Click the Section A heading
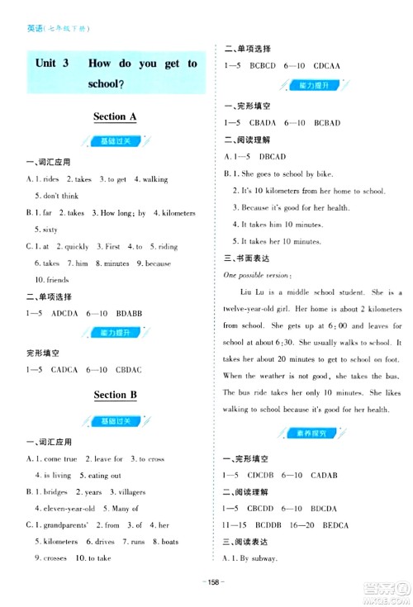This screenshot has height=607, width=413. click(x=115, y=117)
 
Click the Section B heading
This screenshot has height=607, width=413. click(x=115, y=395)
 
